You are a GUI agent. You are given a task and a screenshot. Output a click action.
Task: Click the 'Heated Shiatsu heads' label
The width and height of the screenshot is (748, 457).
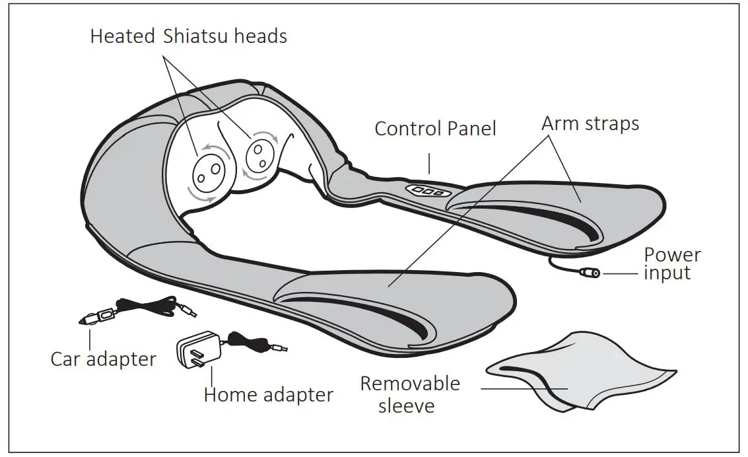click(x=188, y=36)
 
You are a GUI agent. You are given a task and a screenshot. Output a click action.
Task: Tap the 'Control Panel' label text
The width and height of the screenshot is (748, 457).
click(x=435, y=128)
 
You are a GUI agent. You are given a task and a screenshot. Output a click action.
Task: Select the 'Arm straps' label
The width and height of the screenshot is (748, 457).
click(x=590, y=123)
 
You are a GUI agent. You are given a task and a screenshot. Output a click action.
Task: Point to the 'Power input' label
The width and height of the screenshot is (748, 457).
click(x=672, y=264)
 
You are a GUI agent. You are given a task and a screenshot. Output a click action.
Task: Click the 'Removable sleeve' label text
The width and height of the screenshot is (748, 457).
click(x=409, y=394)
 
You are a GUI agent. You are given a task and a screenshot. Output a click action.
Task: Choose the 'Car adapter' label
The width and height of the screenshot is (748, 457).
click(x=104, y=359)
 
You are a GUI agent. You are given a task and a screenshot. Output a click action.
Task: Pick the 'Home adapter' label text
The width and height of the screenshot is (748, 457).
click(x=268, y=395)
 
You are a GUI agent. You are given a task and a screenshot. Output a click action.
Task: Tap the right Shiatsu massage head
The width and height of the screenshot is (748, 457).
click(x=258, y=156)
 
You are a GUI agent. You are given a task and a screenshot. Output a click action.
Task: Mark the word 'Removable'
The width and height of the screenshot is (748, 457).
click(x=409, y=384)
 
